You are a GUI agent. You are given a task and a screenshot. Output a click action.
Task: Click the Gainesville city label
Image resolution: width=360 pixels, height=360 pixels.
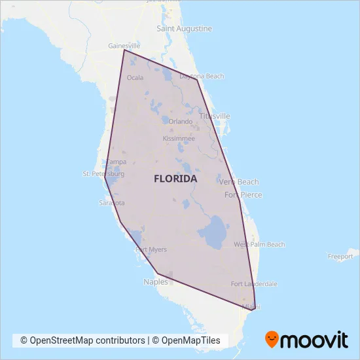124,46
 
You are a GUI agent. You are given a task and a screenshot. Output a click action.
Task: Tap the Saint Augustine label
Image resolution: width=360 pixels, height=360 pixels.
185,29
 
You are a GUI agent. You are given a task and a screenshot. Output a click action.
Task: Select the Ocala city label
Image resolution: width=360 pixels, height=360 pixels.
135,77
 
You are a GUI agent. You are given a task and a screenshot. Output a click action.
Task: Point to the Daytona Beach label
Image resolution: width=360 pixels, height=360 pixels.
202,77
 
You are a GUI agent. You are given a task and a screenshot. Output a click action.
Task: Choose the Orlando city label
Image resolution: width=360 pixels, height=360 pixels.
181,122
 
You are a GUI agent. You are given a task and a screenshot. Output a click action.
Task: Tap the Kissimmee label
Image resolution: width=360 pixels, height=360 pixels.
179,139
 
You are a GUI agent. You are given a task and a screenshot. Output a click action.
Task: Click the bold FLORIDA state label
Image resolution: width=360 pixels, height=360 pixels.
175,178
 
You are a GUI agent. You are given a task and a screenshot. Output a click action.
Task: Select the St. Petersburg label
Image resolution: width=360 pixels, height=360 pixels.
103,174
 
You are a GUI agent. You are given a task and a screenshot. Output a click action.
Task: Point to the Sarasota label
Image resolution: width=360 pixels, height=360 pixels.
111,203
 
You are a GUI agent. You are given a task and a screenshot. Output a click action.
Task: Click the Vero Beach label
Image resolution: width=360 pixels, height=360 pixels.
239,182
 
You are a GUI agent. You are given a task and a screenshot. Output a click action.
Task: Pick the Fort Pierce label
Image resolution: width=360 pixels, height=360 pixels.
243,195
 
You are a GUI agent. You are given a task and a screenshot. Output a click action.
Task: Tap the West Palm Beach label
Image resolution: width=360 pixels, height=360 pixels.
259,245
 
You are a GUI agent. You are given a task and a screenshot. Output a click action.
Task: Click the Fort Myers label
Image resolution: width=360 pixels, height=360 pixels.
151,249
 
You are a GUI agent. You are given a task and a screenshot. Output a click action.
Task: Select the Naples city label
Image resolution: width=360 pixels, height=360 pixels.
155,282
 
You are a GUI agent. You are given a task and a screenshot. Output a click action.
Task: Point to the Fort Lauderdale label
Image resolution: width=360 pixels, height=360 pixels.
254,284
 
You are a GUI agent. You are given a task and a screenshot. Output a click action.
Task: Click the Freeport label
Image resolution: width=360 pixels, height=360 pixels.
340,257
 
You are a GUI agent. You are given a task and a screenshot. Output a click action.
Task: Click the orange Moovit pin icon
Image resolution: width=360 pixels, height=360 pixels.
272,339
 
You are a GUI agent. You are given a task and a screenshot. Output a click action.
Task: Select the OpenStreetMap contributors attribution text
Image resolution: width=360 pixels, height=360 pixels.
82,340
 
